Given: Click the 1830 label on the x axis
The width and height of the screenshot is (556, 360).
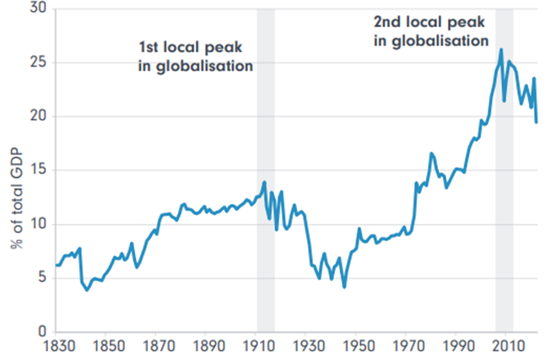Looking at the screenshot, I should point(56,346).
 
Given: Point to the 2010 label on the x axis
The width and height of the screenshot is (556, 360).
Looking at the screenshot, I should point(507,346).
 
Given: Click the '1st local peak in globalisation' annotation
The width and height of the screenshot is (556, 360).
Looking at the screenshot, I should point(196,56).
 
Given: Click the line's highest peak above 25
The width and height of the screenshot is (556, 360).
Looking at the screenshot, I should point(501,50).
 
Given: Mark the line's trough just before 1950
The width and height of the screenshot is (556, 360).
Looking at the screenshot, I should point(344,287).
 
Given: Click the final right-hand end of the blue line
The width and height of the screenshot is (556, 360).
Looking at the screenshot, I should point(537,121).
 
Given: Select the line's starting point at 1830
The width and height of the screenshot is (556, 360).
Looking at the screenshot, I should point(57,265).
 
